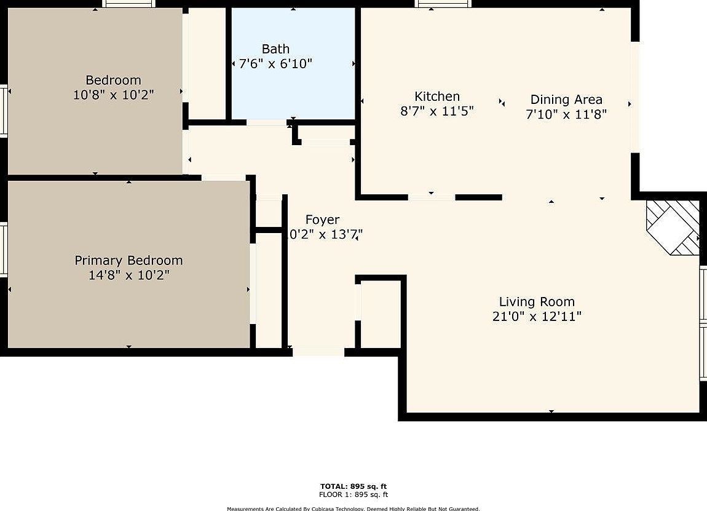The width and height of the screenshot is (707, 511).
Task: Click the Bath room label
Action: (x=275, y=49)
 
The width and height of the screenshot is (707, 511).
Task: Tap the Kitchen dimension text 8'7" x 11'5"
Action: (x=436, y=111)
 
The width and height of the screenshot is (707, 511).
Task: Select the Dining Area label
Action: (x=566, y=100)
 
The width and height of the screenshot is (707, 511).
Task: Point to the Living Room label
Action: (x=537, y=302)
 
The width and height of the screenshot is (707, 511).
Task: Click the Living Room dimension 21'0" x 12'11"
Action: (x=537, y=317)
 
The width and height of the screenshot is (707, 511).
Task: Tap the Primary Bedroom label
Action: (x=128, y=261)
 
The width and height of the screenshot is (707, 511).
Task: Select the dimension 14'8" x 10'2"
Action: (x=128, y=275)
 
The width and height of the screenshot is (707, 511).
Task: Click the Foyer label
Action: (x=322, y=220)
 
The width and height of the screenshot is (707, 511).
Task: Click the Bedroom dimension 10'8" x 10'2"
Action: (x=113, y=95)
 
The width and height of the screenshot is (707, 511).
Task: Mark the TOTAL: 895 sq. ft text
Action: (x=353, y=486)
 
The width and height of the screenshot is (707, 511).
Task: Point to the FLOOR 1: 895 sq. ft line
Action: (x=353, y=494)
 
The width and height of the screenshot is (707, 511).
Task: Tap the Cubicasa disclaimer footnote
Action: (x=353, y=509)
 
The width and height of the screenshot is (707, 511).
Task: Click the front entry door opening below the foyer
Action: (x=318, y=352)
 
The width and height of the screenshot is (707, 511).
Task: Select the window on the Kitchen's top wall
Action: (x=443, y=4)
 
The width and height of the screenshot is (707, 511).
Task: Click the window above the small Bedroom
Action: (x=128, y=4)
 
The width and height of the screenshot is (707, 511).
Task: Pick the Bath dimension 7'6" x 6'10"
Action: (x=275, y=63)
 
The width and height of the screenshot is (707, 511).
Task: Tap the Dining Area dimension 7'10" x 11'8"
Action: (x=566, y=114)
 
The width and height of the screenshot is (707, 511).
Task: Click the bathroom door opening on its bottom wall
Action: (x=266, y=123)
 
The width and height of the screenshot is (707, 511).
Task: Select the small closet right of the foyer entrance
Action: (x=381, y=314)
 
